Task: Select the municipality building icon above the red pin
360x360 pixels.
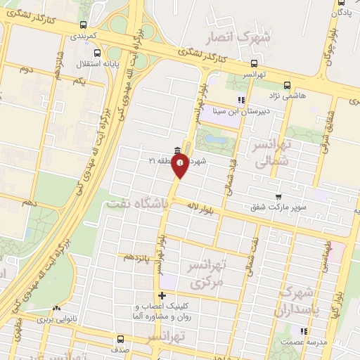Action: click(x=177, y=150)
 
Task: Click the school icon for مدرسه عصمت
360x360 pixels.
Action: click(x=303, y=330)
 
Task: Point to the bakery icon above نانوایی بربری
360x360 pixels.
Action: click(x=57, y=308)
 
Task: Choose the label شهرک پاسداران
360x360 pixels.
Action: click(x=302, y=300)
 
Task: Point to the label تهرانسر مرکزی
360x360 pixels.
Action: click(x=205, y=275)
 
